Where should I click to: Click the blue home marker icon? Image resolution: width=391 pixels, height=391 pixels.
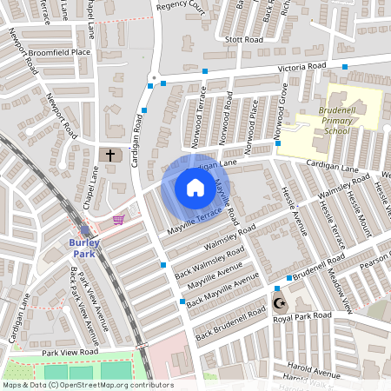[x=195, y=188]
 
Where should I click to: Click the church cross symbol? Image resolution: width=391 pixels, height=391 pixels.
[x=109, y=156]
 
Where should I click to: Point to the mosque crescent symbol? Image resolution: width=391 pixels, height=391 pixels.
[x=279, y=304]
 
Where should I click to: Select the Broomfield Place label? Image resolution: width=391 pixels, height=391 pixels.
[x=58, y=52]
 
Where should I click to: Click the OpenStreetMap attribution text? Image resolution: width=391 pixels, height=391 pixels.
[x=87, y=385]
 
